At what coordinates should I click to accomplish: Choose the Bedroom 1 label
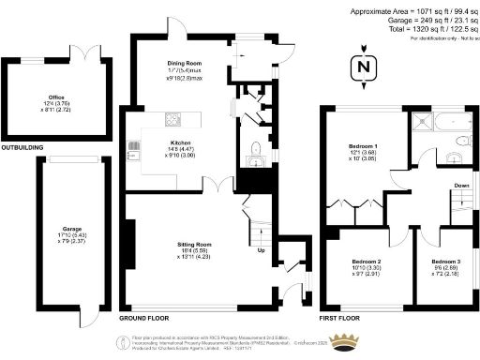point(363,149)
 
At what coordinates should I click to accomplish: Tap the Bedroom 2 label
point(366,261)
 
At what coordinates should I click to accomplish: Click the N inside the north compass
point(360,67)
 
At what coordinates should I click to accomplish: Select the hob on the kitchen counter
point(173,119)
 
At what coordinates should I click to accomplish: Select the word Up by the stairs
point(261,250)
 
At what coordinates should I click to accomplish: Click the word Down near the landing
point(461,186)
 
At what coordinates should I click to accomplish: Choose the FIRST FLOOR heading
point(340,319)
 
